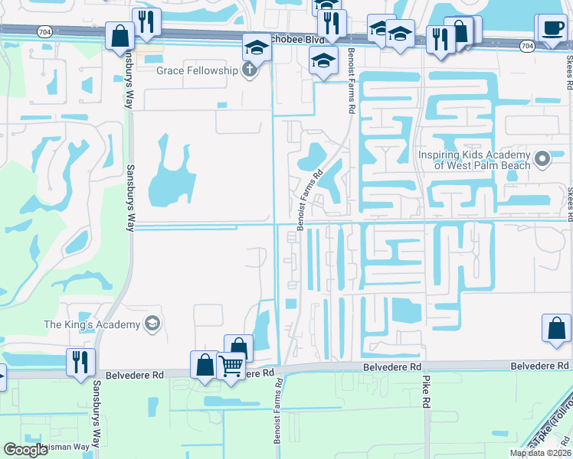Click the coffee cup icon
point(552,28)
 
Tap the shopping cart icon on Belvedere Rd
point(231,366)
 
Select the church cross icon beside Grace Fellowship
point(247,70)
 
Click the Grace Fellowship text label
point(197,70)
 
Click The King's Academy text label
point(92,324)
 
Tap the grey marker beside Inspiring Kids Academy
point(542,159)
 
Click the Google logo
point(25,449)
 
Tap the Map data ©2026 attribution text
point(540,453)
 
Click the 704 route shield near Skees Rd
point(526,46)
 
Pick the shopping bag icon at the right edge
point(556,327)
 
